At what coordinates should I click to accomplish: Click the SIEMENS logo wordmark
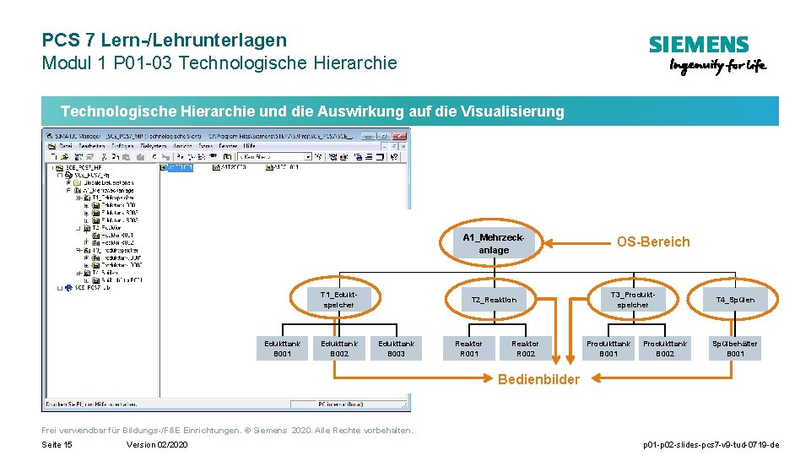(x=698, y=45)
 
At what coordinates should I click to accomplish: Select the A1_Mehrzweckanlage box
(x=494, y=243)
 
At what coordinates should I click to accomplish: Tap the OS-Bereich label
(x=652, y=242)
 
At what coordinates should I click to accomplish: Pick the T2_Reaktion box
(x=494, y=299)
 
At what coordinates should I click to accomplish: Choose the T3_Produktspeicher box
(x=632, y=299)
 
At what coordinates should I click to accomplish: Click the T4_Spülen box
(x=735, y=299)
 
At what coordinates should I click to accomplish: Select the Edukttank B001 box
(x=282, y=348)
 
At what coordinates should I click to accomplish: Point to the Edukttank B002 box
(x=339, y=348)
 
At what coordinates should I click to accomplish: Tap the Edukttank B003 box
(x=396, y=348)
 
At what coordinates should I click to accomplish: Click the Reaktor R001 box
(x=468, y=348)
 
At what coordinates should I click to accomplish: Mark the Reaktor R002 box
(x=525, y=348)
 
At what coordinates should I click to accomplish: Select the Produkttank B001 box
(x=608, y=348)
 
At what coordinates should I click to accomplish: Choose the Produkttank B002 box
(x=665, y=348)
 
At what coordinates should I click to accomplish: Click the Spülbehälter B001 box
(x=735, y=348)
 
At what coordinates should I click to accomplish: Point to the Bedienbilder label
(x=538, y=380)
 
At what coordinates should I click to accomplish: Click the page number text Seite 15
(x=57, y=445)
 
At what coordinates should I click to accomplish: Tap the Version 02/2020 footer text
(x=157, y=445)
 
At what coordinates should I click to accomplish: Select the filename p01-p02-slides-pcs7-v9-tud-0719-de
(x=711, y=445)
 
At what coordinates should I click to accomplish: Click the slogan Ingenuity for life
(x=717, y=67)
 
